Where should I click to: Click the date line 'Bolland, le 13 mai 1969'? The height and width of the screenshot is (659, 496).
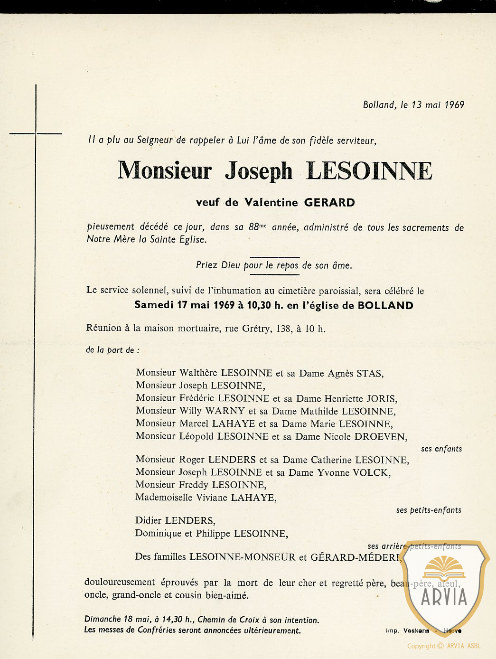[413, 105]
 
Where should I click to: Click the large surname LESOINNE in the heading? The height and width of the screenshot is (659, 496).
[369, 171]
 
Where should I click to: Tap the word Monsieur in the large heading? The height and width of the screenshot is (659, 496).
[164, 171]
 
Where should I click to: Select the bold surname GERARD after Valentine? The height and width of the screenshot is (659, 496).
[329, 203]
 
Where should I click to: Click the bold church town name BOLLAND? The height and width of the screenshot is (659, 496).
[385, 305]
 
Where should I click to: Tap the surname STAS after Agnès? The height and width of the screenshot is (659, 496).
[369, 373]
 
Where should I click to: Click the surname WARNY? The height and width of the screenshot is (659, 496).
[225, 411]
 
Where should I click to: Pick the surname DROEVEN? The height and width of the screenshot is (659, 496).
[380, 437]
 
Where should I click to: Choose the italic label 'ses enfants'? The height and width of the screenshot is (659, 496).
[441, 449]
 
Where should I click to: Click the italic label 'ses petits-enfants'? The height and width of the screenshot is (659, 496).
[429, 510]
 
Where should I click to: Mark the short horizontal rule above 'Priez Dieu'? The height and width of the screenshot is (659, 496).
[274, 257]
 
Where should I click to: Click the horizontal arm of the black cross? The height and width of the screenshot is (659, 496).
[36, 134]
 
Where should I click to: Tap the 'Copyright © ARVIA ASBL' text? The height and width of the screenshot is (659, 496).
[444, 646]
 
